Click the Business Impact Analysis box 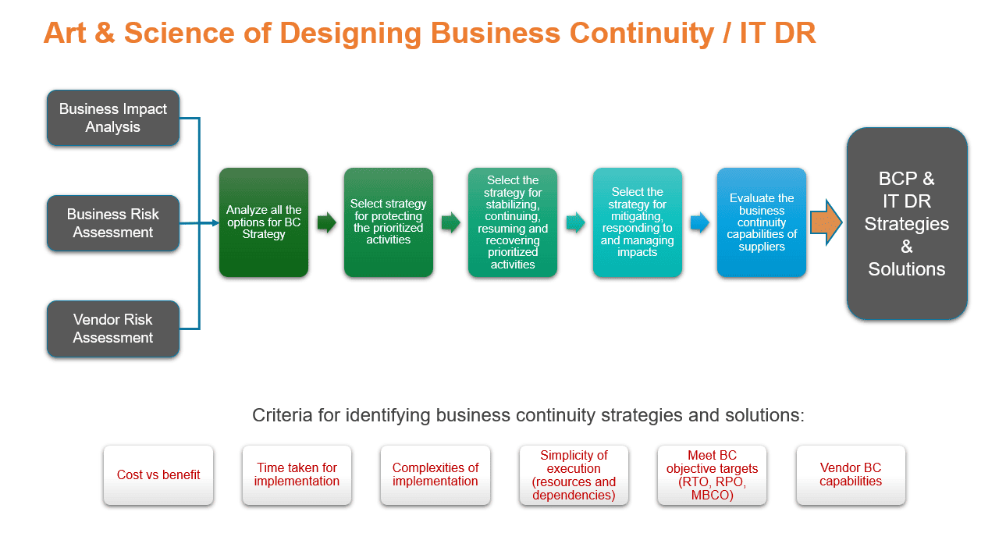coord(113,118)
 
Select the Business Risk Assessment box coord(113,223)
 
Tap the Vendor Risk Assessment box coord(113,329)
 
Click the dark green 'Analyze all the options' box coord(264,222)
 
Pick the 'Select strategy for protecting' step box coord(389,222)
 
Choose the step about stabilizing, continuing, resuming coord(513,222)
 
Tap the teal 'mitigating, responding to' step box coord(638,222)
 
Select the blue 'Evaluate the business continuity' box coord(762,222)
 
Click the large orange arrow coord(826,222)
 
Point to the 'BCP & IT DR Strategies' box coord(907,224)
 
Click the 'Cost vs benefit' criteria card coord(158,474)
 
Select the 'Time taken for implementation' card coord(297,474)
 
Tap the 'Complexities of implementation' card coord(435,474)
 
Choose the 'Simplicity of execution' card coord(574,474)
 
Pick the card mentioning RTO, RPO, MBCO coord(712,474)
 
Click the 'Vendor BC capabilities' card coord(851,474)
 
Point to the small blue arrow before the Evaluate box coord(700,223)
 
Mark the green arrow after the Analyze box coord(326,223)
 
